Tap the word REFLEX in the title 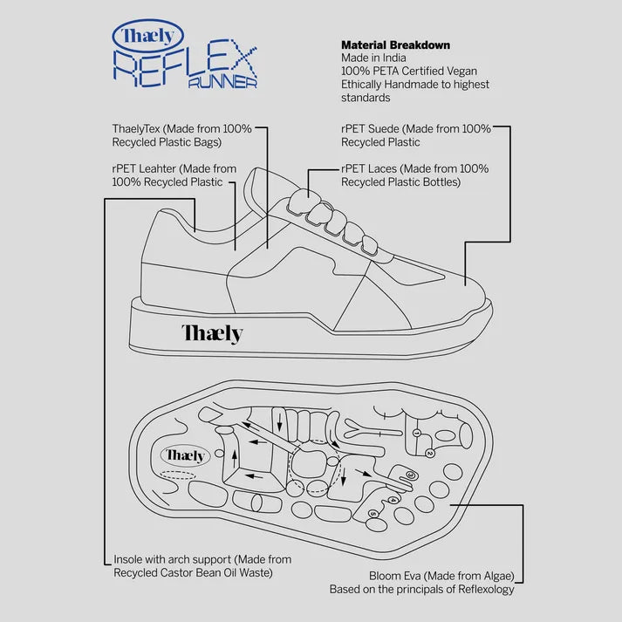[185, 65]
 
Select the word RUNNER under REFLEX [222, 83]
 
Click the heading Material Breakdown [395, 44]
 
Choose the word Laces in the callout [383, 168]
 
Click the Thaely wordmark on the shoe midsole [212, 332]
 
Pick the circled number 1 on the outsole [417, 434]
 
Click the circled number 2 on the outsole [430, 454]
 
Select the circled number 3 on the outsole [409, 475]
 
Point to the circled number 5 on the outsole [373, 514]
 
